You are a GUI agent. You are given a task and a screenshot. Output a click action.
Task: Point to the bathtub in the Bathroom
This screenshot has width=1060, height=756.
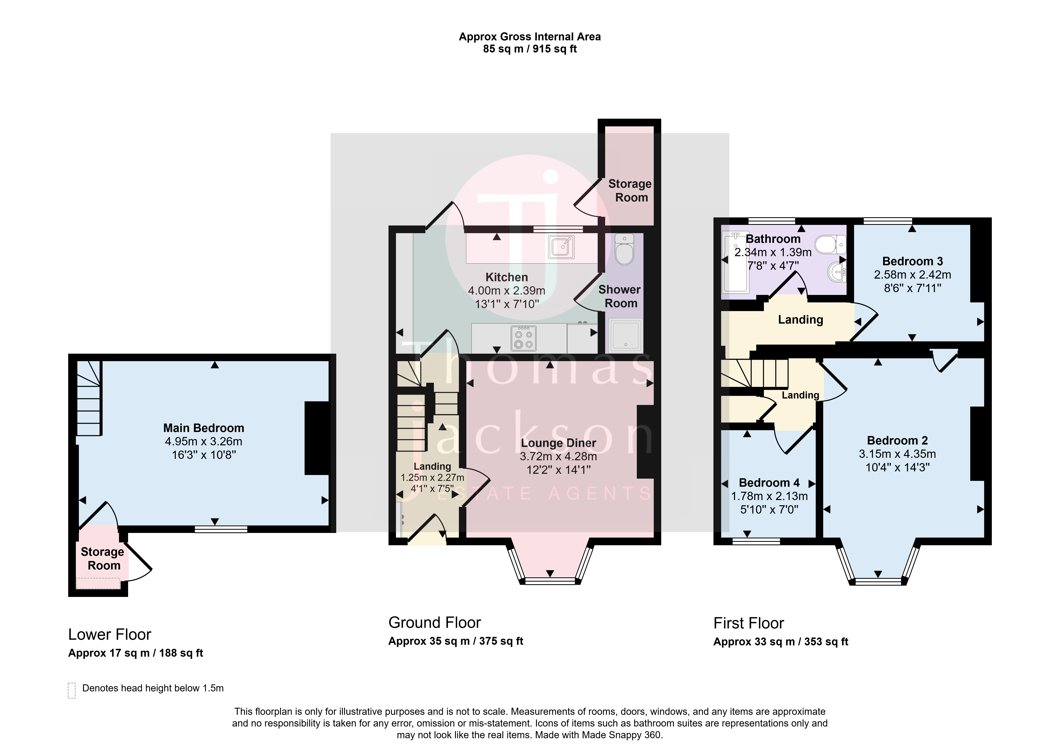coord(735,262)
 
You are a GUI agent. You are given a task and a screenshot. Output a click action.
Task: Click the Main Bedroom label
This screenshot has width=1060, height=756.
coord(204,428)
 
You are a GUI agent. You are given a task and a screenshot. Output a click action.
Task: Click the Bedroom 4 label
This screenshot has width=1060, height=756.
coord(769,483)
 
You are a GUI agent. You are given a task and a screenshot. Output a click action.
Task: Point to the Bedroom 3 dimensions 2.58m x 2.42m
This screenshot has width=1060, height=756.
coord(912,275)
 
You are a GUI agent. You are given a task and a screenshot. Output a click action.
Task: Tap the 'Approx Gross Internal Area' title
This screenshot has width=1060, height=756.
coord(530,37)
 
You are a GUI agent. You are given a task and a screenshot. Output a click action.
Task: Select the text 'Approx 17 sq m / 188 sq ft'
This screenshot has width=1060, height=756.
coord(135,653)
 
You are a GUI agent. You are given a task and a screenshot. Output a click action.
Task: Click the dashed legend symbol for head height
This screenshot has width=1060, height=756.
coord(72,690)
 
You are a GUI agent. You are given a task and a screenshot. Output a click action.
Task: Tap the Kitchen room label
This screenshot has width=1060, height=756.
coord(507,277)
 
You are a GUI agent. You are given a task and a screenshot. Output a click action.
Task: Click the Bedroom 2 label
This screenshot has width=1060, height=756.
coord(897,440)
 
